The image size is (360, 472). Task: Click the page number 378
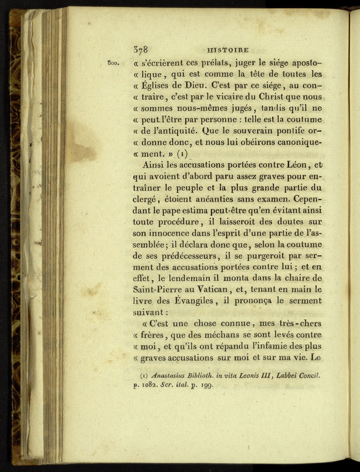point(142,49)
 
